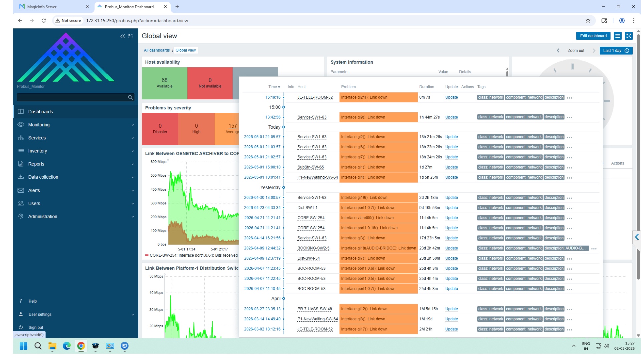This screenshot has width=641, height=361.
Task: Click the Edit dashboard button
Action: coord(593,36)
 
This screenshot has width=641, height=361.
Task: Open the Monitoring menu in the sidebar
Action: coord(39,125)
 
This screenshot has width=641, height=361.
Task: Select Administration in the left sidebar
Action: coord(43,216)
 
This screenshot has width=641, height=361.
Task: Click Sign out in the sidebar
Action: coord(36,327)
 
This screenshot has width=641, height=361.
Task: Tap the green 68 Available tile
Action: coord(165,83)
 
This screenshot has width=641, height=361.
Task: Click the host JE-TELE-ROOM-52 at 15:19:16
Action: coord(315,97)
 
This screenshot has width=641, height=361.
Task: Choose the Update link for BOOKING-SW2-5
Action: coord(451,248)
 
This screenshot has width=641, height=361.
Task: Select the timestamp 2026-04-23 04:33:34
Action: coord(262,208)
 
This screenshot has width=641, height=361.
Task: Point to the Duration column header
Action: coord(427,87)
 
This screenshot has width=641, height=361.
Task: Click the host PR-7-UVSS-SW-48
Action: coord(314,309)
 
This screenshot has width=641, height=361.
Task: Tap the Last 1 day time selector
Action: coord(616,51)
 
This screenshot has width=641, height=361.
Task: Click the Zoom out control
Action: coord(576,51)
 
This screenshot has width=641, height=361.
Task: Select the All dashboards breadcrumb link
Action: coord(157,50)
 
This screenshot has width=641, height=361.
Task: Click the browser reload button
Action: coord(44,21)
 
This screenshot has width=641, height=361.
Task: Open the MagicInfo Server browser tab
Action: coord(42,7)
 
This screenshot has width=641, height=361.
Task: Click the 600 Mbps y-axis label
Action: coord(158,162)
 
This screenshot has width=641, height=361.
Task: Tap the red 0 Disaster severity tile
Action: coord(160,129)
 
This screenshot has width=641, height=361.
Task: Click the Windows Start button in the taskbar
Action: coord(24,346)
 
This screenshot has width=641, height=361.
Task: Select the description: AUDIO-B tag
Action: coord(566,248)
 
